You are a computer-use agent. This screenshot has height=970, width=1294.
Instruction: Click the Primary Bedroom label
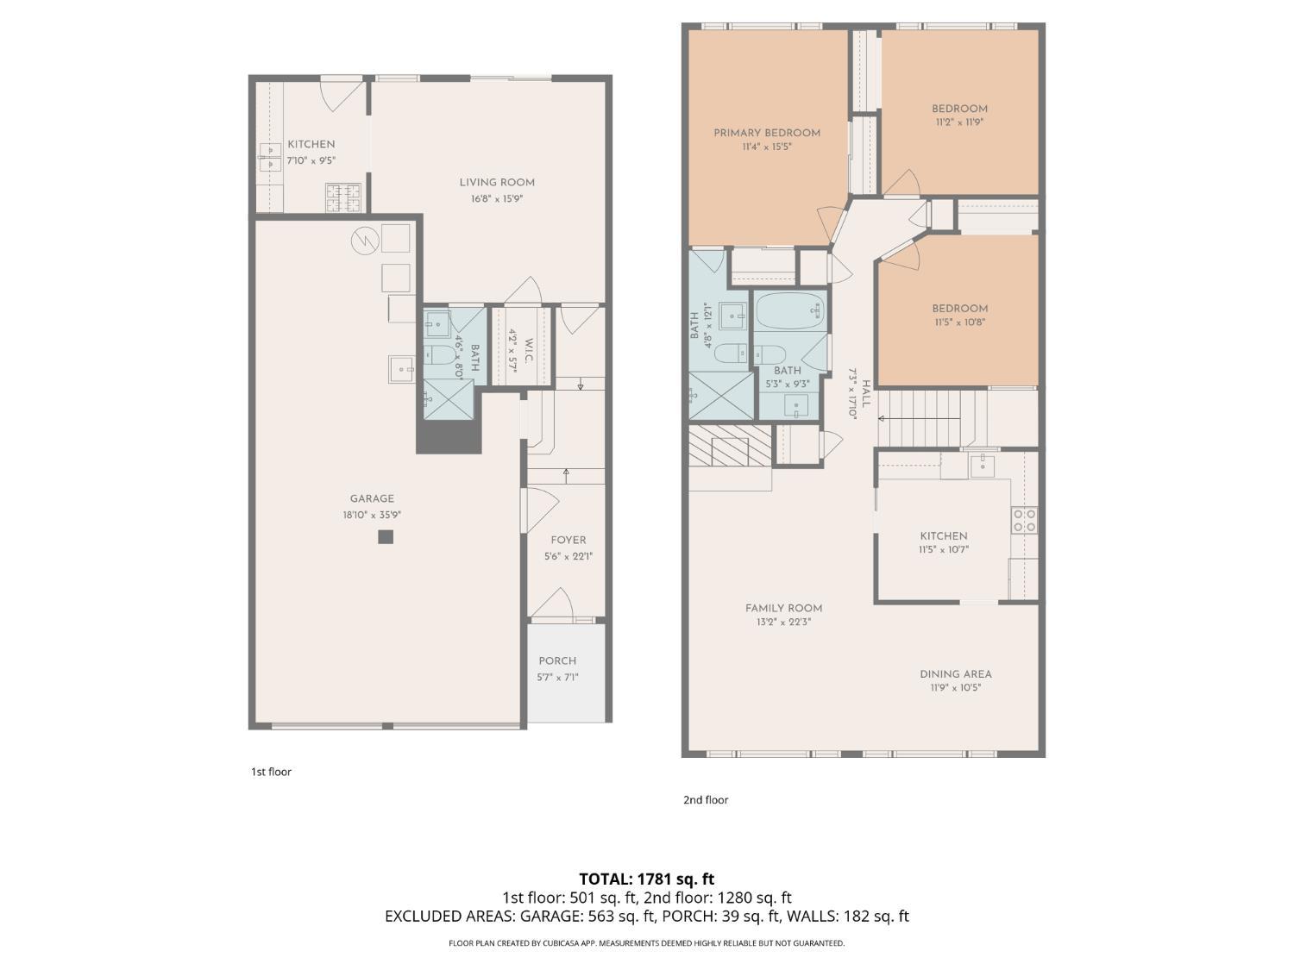tap(766, 133)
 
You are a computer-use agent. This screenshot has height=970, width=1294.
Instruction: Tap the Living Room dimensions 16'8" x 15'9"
tap(496, 199)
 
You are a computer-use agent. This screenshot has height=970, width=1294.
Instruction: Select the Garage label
tap(372, 498)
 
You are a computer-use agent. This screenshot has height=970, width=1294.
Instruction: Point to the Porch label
tap(557, 660)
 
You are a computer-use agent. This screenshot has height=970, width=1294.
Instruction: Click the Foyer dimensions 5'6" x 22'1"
tap(568, 556)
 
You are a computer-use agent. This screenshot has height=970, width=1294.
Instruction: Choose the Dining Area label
tap(956, 673)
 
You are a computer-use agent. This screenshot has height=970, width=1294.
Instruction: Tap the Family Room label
tap(783, 608)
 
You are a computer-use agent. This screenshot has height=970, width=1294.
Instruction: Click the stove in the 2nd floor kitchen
tap(1024, 520)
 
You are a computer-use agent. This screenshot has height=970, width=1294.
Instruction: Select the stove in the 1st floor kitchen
tap(343, 197)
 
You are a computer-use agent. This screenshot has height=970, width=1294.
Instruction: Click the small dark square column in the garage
tap(386, 536)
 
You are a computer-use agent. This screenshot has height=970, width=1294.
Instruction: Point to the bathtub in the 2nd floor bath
tap(790, 310)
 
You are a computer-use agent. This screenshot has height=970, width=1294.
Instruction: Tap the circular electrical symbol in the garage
tap(364, 241)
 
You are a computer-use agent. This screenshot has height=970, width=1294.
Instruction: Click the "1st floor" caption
tap(271, 772)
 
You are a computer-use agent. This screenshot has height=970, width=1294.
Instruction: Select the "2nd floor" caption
tap(706, 800)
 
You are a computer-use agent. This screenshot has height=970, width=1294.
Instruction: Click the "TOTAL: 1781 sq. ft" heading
tap(647, 879)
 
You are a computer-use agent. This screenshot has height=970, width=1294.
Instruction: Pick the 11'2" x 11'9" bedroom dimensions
tap(959, 122)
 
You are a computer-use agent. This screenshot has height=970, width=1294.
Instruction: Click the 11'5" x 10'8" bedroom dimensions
tap(960, 322)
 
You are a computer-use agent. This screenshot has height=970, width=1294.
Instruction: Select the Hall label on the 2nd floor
tap(866, 393)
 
